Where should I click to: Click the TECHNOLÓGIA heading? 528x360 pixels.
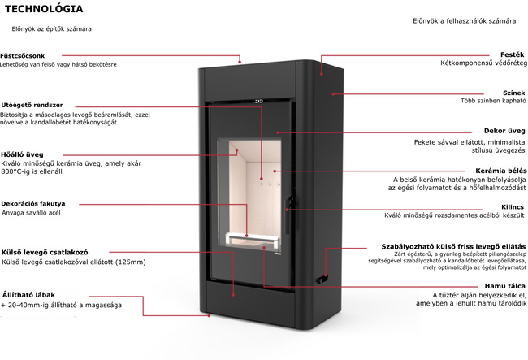[44, 9]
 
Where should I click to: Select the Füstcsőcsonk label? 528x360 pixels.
[22, 56]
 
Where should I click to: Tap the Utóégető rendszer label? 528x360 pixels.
[32, 105]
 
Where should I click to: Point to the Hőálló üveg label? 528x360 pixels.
[22, 154]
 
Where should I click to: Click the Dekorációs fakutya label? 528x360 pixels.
[33, 204]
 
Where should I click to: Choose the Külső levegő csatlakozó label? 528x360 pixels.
[45, 252]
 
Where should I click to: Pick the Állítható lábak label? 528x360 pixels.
[28, 295]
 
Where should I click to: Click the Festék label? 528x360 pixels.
[513, 54]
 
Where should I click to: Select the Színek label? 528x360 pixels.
[514, 93]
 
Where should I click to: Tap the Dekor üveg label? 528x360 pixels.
[504, 131]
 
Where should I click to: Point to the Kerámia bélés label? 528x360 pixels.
[500, 171]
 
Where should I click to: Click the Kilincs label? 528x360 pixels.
[513, 206]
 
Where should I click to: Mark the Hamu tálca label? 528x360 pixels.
[504, 286]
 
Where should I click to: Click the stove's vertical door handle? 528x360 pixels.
[288, 216]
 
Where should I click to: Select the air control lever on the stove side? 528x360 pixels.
[321, 280]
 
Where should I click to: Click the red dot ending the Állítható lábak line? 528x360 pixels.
[209, 315]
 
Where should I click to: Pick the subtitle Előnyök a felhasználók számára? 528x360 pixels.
[465, 21]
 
